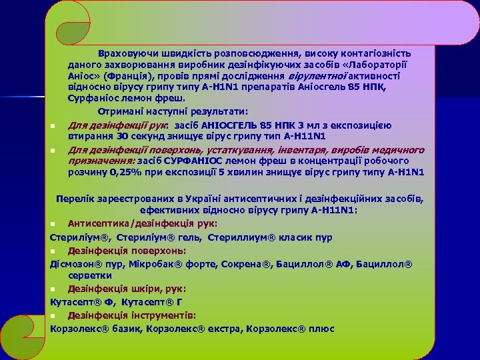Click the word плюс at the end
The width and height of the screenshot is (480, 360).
coord(321,329)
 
